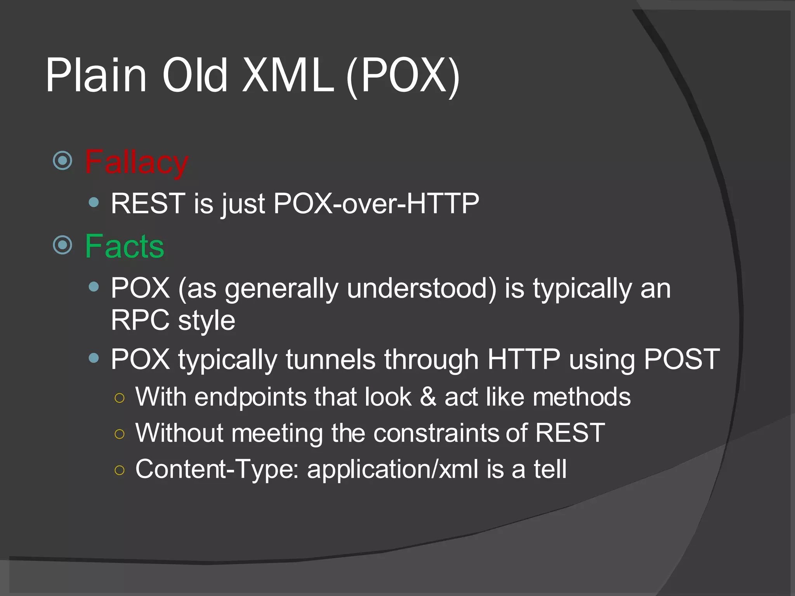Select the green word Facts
tap(125, 246)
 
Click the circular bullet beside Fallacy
tap(62, 160)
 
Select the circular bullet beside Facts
tap(62, 245)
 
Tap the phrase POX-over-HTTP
tap(376, 203)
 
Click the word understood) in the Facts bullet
tap(422, 288)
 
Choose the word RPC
tap(140, 321)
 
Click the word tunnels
tap(330, 359)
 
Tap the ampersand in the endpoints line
tap(428, 397)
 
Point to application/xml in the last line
tap(392, 469)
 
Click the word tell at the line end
tap(550, 469)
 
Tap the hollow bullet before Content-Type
tap(120, 470)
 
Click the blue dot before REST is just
tap(94, 202)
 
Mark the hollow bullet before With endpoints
tap(120, 398)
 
